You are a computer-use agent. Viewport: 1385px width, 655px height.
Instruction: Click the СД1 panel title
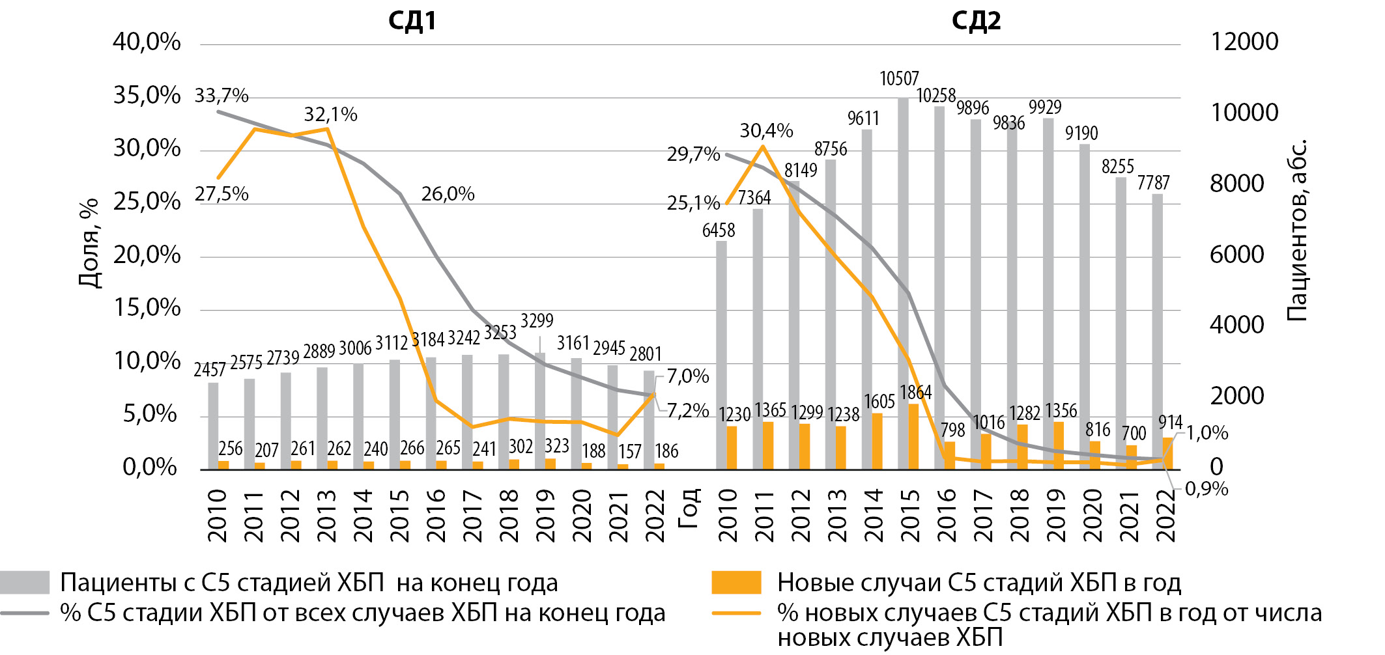click(412, 21)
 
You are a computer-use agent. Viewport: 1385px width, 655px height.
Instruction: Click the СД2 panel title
click(976, 21)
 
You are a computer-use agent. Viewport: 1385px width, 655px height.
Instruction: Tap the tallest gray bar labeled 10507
click(903, 280)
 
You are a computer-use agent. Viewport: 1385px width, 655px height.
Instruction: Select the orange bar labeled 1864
click(913, 436)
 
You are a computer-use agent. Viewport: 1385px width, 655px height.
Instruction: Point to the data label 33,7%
click(221, 96)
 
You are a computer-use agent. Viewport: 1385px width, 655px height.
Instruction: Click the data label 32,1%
click(330, 115)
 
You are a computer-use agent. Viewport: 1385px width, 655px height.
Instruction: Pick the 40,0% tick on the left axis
click(147, 42)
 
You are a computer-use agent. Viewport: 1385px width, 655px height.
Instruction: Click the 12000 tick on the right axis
click(1244, 42)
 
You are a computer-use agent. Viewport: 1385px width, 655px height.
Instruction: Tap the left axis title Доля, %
click(89, 243)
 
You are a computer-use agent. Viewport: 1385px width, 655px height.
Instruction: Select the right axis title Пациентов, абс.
click(1297, 230)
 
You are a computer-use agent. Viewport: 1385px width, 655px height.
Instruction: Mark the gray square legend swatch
click(25, 583)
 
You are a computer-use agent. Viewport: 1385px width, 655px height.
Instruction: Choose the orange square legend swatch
click(736, 583)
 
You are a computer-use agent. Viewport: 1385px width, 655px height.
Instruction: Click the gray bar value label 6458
click(718, 230)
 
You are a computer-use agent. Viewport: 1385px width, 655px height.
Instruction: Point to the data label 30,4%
click(766, 131)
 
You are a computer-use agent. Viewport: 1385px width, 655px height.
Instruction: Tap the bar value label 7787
click(1153, 183)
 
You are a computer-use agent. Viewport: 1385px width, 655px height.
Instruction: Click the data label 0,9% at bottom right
click(1207, 489)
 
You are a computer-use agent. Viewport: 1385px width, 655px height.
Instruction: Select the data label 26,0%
click(448, 194)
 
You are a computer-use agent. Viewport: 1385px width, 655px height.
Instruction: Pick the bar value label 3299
click(537, 321)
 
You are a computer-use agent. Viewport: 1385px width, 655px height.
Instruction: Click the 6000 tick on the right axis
click(1236, 255)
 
